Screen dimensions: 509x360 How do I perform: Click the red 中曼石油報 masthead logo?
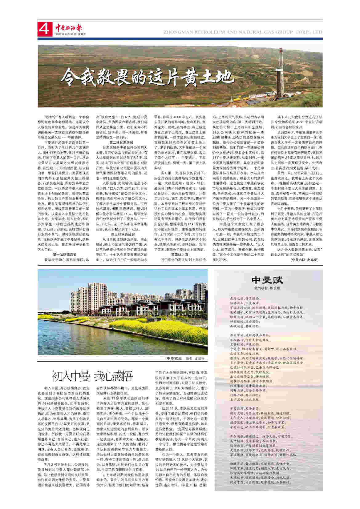click(x=69, y=28)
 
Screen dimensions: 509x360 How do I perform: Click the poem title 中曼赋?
click(x=267, y=280)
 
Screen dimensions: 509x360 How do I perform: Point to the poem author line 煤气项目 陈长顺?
click(x=267, y=288)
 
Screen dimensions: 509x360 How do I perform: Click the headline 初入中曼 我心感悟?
click(x=92, y=376)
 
